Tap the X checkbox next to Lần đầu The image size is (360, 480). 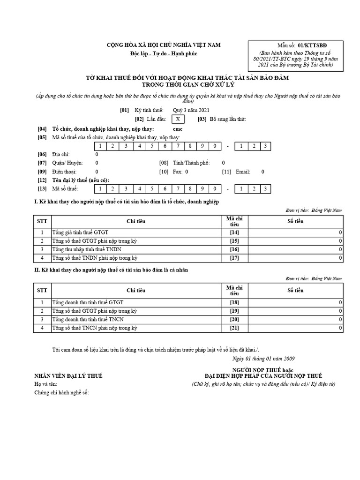tap(178, 119)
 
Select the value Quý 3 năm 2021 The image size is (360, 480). tap(189, 110)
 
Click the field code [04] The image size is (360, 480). tap(42, 128)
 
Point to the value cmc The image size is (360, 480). tap(178, 128)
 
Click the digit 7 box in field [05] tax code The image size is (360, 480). tap(179, 146)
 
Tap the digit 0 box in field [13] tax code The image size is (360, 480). tap(214, 188)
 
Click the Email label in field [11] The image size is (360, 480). tap(243, 172)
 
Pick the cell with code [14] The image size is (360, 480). tap(234, 232)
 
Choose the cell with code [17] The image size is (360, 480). tap(234, 257)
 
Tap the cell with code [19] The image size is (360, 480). tap(234, 311)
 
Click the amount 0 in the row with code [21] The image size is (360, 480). tap(340, 328)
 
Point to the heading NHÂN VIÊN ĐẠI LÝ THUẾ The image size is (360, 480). tap(68, 376)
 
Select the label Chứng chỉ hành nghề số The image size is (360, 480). tap(61, 392)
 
